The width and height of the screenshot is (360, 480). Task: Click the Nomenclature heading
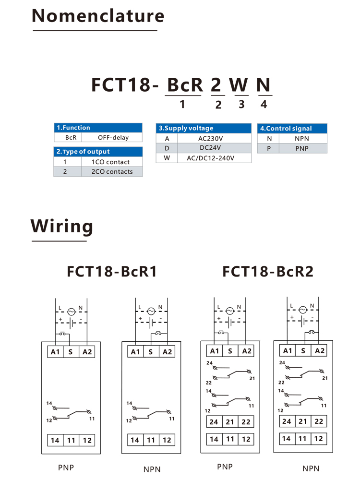tap(98, 16)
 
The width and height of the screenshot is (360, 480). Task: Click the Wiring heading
tap(62, 226)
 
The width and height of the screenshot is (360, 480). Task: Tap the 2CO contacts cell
tap(112, 172)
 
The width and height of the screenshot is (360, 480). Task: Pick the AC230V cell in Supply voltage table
tap(211, 138)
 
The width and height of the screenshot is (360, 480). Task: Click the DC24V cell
tap(210, 148)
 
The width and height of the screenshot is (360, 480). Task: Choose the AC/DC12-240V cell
tap(211, 158)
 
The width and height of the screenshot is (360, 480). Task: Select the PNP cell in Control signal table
tap(302, 148)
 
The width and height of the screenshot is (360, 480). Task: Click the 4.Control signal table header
tap(292, 129)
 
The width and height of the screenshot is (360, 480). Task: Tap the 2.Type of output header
tap(98, 152)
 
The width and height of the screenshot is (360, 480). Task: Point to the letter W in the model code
tap(239, 84)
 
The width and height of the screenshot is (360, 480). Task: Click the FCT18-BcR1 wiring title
tap(112, 271)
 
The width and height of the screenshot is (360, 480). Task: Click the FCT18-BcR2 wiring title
tap(268, 271)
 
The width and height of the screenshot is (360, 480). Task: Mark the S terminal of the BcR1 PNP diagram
tap(71, 352)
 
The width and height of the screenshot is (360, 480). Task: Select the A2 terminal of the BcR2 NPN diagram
tap(319, 351)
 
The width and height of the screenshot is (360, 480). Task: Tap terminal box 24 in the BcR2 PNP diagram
tap(214, 422)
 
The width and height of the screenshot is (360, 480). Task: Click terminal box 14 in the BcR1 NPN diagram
tap(135, 440)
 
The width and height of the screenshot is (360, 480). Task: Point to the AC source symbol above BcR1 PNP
tap(71, 312)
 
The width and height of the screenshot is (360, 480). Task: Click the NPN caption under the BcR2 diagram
tap(311, 468)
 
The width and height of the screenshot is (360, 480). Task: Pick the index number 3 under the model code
tap(241, 104)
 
